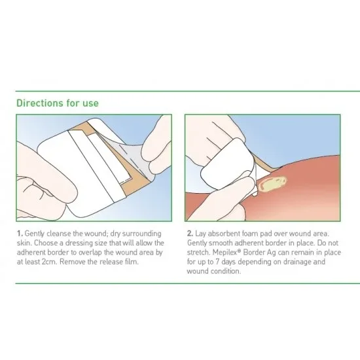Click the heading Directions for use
point(58,103)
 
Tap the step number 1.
point(20,234)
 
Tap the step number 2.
point(190,234)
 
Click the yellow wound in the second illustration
point(273,183)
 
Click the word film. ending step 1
point(132,262)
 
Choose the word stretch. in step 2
point(198,252)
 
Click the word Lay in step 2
point(200,234)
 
